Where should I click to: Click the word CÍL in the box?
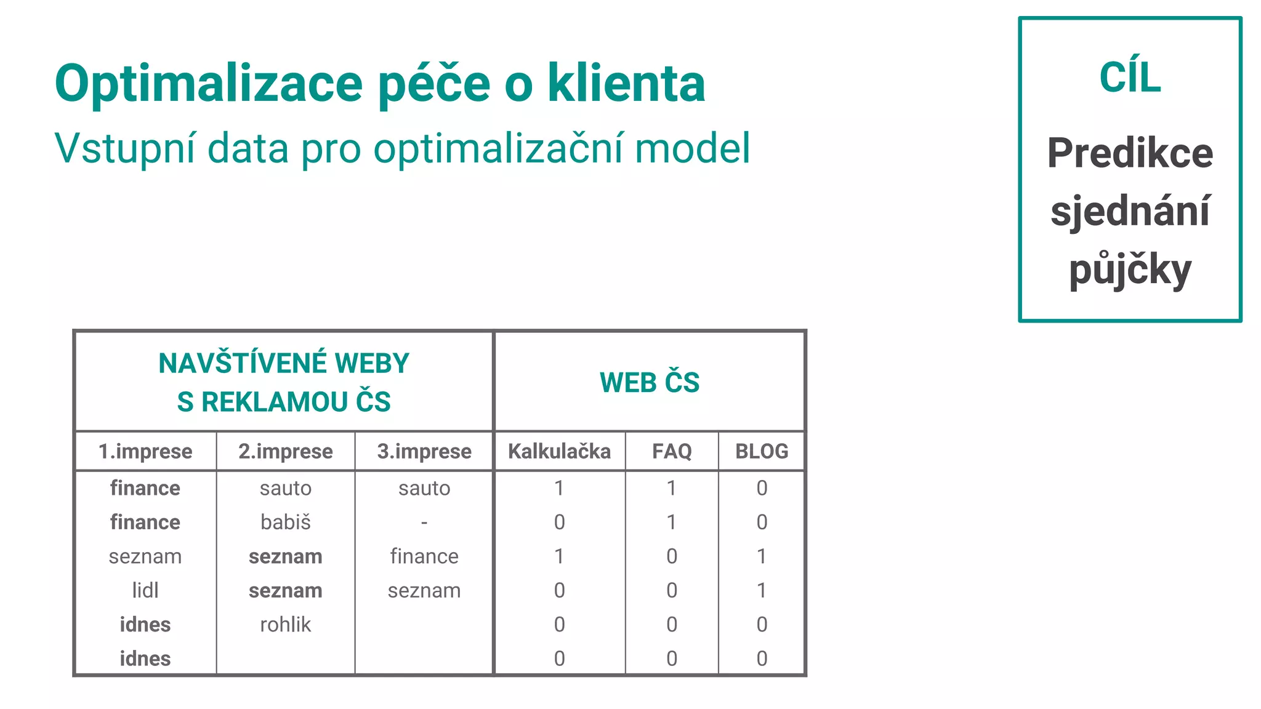[1130, 78]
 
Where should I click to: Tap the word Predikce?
[1130, 153]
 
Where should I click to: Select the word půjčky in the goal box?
[1130, 271]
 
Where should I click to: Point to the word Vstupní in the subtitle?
[125, 148]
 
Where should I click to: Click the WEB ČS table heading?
[650, 382]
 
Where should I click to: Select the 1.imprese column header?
[145, 451]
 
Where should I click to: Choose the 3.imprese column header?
[424, 451]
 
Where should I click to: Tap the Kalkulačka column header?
[559, 451]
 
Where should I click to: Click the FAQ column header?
[672, 451]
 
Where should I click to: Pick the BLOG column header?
[762, 451]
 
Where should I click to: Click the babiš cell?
[286, 522]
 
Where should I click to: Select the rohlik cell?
[286, 625]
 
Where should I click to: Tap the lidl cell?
[145, 590]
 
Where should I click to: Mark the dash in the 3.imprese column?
[424, 523]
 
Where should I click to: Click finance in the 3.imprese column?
[424, 556]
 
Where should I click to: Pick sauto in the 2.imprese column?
[286, 488]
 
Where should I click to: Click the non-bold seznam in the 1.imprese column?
[145, 556]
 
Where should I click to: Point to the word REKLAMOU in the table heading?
[275, 402]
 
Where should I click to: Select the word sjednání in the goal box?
[1130, 211]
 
